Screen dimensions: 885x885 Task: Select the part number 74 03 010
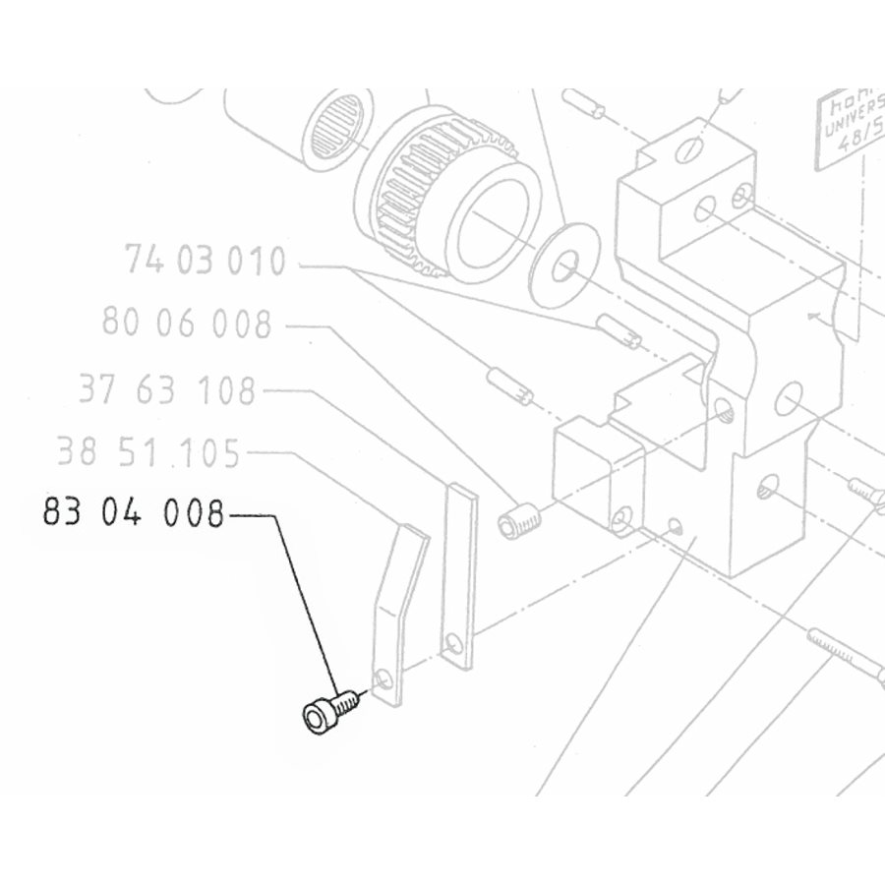[206, 262]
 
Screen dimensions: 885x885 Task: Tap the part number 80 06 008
[187, 322]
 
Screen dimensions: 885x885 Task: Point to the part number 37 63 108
[168, 391]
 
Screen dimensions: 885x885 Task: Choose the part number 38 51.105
[148, 453]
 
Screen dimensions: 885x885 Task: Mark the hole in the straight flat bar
[452, 645]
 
